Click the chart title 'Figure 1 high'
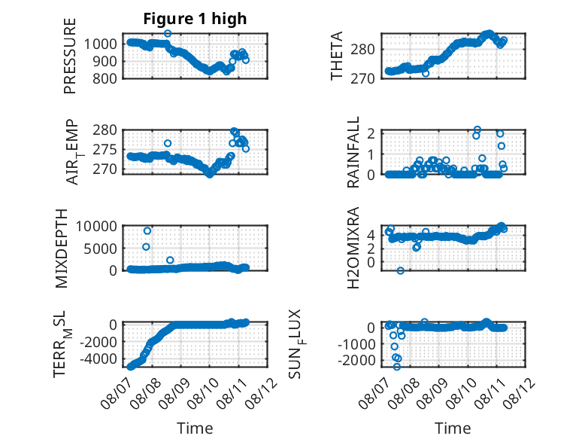coord(195,19)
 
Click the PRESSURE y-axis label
coord(70,56)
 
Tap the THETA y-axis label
coord(337,56)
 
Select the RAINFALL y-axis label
coord(353,152)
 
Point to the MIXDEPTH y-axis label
coord(62,248)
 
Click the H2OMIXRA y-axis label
coord(353,248)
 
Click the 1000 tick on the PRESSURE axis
coord(100,44)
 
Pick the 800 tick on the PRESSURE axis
coord(105,78)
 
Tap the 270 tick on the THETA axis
coord(362,78)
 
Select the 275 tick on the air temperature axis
coord(105,150)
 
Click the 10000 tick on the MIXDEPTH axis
coord(96,226)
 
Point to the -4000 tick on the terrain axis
coord(99,359)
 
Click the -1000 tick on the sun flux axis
coord(356,344)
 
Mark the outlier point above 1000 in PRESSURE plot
coord(168,33)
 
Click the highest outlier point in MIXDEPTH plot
coord(147,231)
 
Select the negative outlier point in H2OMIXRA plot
coord(400,270)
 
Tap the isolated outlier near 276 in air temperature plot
coord(168,143)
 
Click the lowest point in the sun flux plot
coord(397,367)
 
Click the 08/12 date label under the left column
coord(261,393)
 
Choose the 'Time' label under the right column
coord(453,428)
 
